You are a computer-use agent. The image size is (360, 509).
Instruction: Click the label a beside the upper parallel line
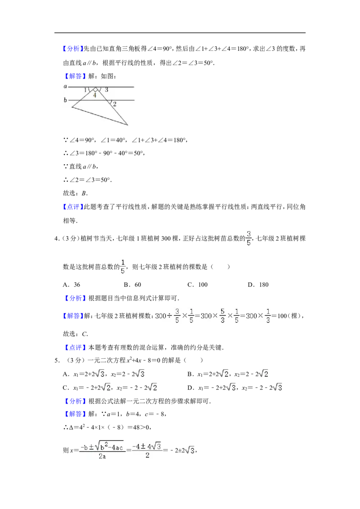coord(65,86)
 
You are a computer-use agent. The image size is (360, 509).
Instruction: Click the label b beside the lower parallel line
coord(65,100)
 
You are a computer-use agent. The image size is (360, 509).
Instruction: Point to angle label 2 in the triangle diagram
coord(115,104)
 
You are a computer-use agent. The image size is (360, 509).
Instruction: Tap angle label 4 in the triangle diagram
coord(94,95)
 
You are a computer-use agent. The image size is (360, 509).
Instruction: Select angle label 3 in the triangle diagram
coord(107,89)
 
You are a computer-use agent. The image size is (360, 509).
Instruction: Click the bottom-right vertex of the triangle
coord(128,125)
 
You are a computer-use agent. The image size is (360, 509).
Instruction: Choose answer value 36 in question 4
coord(77,285)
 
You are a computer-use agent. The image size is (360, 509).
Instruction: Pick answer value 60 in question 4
coord(138,285)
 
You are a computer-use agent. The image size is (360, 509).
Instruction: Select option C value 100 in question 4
coord(203,285)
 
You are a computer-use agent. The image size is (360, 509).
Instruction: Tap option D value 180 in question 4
coord(264,285)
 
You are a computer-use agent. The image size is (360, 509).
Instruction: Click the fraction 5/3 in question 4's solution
coord(223,316)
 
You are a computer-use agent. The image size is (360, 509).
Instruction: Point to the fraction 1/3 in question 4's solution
coord(268,316)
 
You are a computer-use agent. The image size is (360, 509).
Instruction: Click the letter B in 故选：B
coord(84,193)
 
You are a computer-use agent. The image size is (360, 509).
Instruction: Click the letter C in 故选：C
coord(84,334)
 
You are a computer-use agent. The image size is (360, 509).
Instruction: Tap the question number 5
coord(57,360)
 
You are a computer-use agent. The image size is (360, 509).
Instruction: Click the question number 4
coord(57,239)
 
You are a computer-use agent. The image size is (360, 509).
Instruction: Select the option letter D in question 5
coord(190,388)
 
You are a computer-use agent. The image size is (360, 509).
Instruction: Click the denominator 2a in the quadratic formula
coord(102,456)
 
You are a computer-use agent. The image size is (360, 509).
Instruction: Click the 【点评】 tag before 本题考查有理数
coord(75,348)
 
